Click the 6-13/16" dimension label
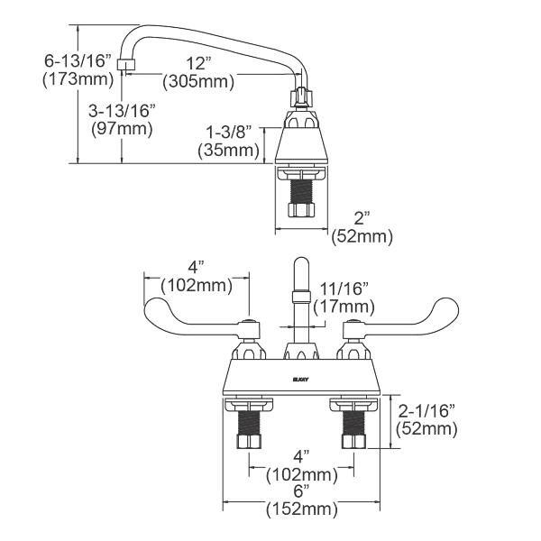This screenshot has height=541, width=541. pos(76,61)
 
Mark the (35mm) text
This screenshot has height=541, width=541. pos(228,150)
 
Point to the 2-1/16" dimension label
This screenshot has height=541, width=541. pos(426,411)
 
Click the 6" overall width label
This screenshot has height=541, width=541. pos(301,491)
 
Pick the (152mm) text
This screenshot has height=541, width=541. pos(301,509)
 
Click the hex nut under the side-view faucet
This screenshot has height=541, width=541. pos(298,209)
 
